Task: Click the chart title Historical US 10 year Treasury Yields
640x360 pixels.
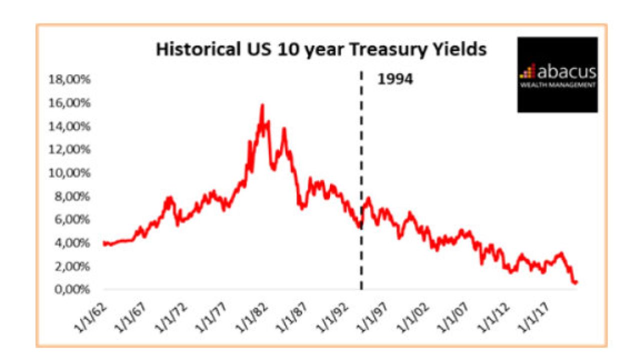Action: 321,50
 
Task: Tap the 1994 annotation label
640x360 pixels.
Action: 395,79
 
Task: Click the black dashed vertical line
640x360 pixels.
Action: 361,150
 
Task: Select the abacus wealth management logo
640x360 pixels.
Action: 557,74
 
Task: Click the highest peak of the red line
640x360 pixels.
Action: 262,105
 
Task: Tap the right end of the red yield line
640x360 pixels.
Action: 576,282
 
